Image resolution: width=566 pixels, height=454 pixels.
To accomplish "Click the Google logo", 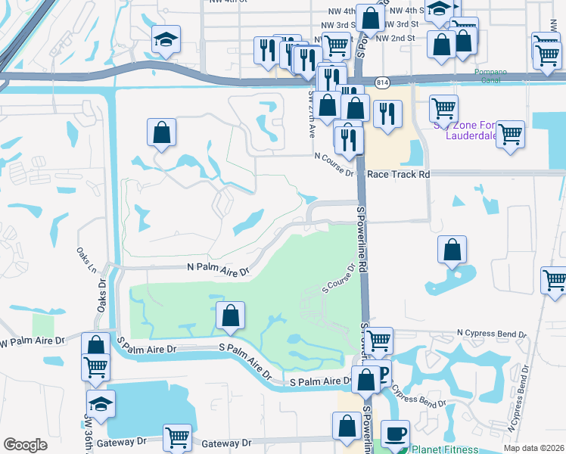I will point(25,445).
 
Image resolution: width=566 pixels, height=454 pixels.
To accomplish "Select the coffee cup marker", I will point(394,434).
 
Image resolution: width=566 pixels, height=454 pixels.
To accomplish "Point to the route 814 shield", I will point(382,81).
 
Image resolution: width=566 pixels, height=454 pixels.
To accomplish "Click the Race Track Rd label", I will point(398,174).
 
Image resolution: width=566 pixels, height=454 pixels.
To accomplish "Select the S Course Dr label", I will point(339,278).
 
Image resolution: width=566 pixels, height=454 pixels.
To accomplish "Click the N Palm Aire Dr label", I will point(218,269).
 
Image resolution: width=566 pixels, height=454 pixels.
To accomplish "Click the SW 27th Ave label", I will point(311,113).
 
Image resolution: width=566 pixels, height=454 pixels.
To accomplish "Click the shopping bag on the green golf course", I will point(230,316).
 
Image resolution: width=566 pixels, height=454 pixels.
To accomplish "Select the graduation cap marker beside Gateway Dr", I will point(101,404).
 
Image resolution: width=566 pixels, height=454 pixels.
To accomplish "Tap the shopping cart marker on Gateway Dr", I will point(176,437).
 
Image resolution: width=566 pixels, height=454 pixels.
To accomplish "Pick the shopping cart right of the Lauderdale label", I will point(511,135).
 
